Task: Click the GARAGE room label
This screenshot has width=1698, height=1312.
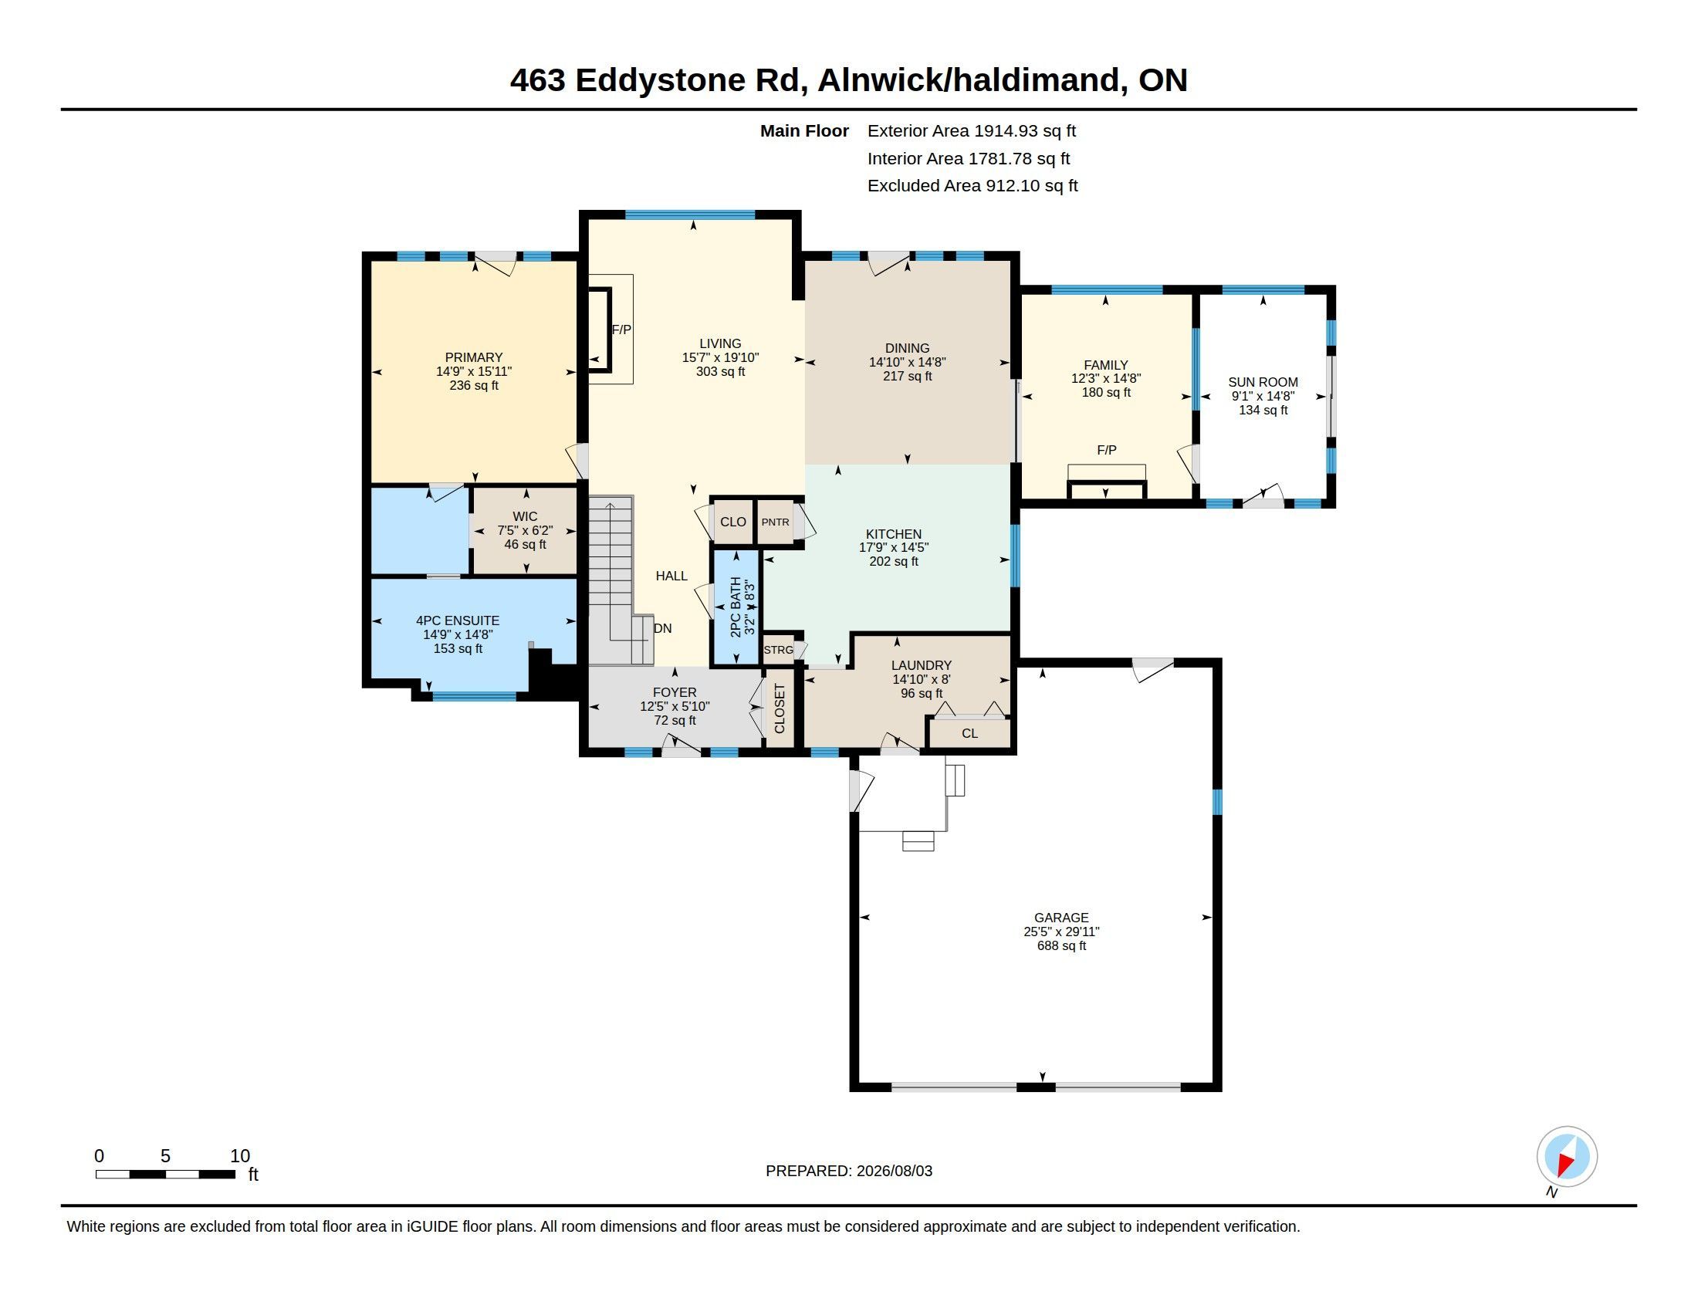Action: click(x=1061, y=917)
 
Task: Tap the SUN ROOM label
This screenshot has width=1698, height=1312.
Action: click(x=1263, y=381)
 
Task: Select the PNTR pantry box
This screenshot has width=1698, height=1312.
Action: click(x=775, y=522)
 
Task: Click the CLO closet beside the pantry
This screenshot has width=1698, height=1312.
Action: click(x=733, y=522)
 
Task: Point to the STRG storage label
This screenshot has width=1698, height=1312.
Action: click(x=778, y=650)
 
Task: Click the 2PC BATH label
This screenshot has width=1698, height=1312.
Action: click(x=736, y=607)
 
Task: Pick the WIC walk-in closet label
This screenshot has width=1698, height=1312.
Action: click(x=525, y=516)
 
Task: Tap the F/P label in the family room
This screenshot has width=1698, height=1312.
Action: click(x=1106, y=450)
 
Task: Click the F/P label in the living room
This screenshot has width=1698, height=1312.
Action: click(x=621, y=330)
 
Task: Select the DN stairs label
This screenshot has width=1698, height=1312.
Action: click(x=662, y=628)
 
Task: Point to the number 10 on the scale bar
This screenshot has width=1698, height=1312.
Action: click(x=240, y=1156)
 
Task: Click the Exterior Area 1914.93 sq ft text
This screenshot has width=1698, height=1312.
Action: click(x=972, y=130)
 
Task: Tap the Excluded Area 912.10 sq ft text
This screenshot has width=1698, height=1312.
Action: click(x=972, y=186)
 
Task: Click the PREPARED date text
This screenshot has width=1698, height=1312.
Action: click(x=849, y=1171)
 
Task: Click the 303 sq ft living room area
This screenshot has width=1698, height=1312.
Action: click(x=720, y=371)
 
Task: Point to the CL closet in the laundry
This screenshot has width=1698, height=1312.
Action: click(x=969, y=733)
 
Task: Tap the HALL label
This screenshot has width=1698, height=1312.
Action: click(x=671, y=576)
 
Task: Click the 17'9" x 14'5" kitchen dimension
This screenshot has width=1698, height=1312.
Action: click(x=893, y=547)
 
